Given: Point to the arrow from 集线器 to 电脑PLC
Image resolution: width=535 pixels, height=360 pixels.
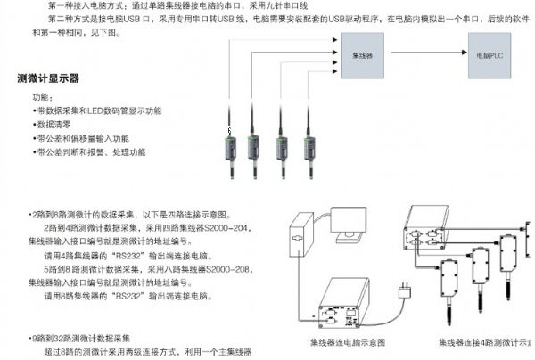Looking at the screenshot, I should [x=425, y=54].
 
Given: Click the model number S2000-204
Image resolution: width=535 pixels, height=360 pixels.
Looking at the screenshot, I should [x=223, y=228].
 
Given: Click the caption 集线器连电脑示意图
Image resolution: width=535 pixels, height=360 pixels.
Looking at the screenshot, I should [x=347, y=342].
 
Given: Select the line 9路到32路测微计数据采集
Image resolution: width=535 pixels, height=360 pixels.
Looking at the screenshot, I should [x=81, y=338].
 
